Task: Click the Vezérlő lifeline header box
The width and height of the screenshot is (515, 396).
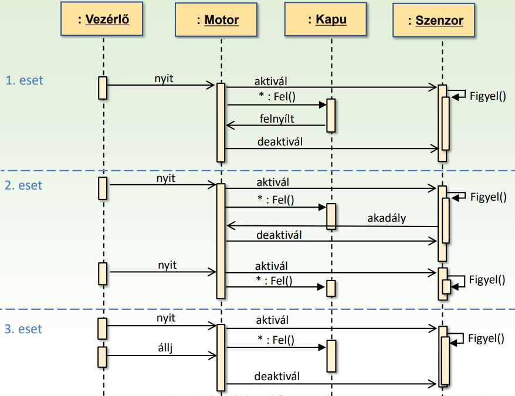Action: [x=103, y=20]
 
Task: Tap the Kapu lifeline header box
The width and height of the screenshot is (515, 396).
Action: [x=327, y=19]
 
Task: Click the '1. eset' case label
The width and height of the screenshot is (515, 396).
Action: [x=24, y=80]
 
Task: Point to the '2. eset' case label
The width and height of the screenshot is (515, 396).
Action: [x=24, y=185]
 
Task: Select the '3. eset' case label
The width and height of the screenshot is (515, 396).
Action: [x=24, y=329]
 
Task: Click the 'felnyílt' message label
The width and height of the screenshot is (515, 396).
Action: [x=277, y=119]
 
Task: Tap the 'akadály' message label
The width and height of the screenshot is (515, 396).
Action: [x=387, y=219]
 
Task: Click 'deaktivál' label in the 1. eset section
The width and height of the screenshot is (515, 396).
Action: [x=280, y=141]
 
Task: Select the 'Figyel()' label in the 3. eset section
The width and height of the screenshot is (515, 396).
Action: [x=487, y=338]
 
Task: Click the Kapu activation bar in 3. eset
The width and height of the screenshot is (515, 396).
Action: [x=331, y=356]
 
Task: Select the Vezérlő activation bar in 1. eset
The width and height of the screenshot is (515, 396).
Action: [x=103, y=87]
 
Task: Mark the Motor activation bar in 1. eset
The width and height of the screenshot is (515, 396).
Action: [x=221, y=122]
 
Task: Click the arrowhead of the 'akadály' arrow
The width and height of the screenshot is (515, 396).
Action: [x=229, y=225]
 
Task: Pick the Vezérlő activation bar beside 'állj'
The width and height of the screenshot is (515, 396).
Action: [x=102, y=356]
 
